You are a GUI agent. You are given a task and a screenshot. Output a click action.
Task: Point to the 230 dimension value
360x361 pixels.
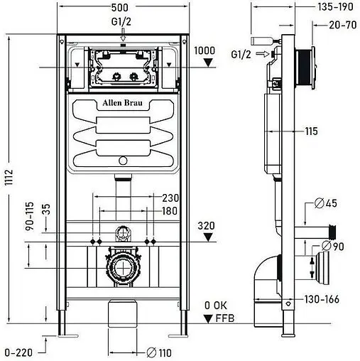[169, 198]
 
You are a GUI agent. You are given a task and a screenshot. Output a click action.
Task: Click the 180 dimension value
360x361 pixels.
[169, 211]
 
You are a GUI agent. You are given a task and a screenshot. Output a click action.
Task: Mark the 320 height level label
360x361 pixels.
[207, 227]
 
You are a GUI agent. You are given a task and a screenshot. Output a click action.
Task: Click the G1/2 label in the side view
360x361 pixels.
[242, 54]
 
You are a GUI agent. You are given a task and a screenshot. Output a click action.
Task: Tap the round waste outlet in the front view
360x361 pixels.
[123, 271]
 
